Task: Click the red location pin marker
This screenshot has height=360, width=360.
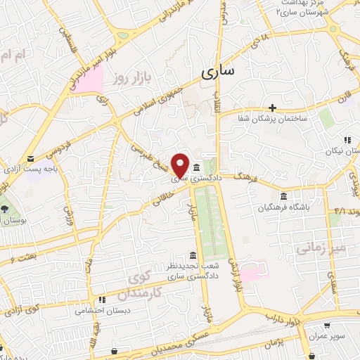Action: (x=181, y=164)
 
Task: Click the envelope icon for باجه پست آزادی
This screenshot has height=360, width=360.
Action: (x=31, y=158)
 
